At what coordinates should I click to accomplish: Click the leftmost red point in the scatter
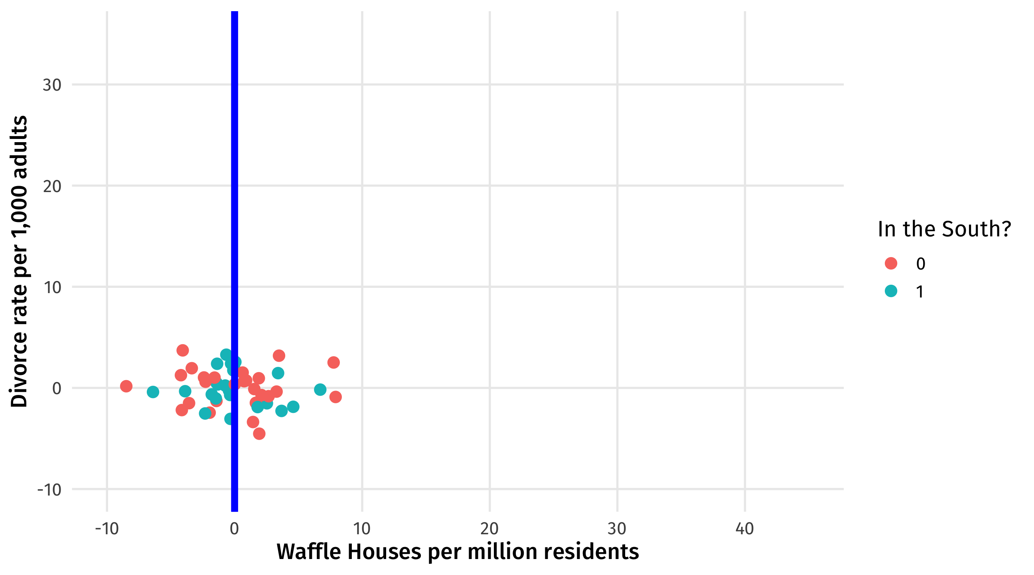coord(126,386)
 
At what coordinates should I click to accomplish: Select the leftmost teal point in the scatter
coord(152,392)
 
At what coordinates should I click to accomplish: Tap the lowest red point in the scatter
coord(259,434)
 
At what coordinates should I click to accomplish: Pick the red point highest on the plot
coord(183,350)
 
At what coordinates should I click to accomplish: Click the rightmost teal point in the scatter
coord(320,389)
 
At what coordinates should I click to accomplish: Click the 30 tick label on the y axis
coord(52,85)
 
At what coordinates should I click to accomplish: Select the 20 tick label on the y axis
coord(52,186)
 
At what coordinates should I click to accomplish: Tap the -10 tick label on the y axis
coord(49,490)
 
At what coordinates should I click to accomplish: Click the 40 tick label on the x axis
coord(745,529)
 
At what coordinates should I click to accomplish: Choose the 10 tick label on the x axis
coord(362,529)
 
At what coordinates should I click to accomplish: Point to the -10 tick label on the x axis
coord(107,529)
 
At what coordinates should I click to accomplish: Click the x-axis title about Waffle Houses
coord(458,552)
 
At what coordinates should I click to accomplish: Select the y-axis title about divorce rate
coord(19,261)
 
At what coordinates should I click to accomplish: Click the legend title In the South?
coord(944,230)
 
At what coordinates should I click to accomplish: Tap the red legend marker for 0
coord(891,264)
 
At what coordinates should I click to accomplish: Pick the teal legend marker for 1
coord(891,291)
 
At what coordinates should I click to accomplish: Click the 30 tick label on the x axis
coord(617,529)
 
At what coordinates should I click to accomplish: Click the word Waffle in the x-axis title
coord(309,552)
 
